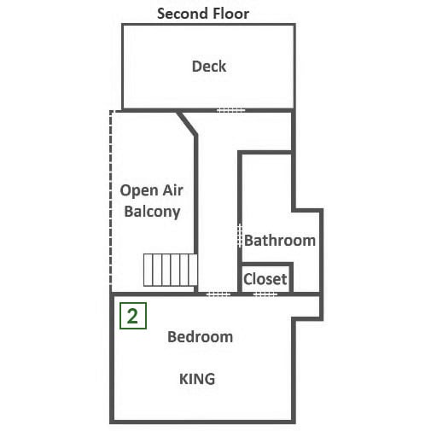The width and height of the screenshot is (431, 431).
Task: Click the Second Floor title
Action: click(203, 14)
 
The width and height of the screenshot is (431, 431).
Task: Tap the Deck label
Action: click(209, 67)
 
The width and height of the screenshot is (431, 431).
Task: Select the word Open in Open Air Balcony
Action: click(136, 191)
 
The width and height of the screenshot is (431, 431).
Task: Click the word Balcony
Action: click(152, 212)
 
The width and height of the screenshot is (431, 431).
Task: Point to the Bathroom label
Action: click(280, 241)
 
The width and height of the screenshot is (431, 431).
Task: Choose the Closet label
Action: click(265, 279)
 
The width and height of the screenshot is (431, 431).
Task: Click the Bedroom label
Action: click(200, 337)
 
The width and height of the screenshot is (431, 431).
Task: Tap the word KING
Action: click(197, 379)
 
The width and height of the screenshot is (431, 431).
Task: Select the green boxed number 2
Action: click(133, 316)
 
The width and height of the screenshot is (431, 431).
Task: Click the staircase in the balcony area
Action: click(170, 270)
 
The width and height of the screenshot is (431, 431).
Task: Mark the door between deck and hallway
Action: click(230, 110)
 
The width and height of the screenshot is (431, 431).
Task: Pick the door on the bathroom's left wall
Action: click(240, 235)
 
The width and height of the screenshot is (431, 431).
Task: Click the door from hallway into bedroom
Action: click(218, 294)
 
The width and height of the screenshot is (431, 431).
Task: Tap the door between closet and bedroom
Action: click(265, 294)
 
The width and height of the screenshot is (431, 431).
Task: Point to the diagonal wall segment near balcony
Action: click(187, 123)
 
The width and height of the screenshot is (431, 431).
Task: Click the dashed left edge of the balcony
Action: click(111, 201)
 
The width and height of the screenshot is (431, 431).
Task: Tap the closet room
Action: click(265, 278)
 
